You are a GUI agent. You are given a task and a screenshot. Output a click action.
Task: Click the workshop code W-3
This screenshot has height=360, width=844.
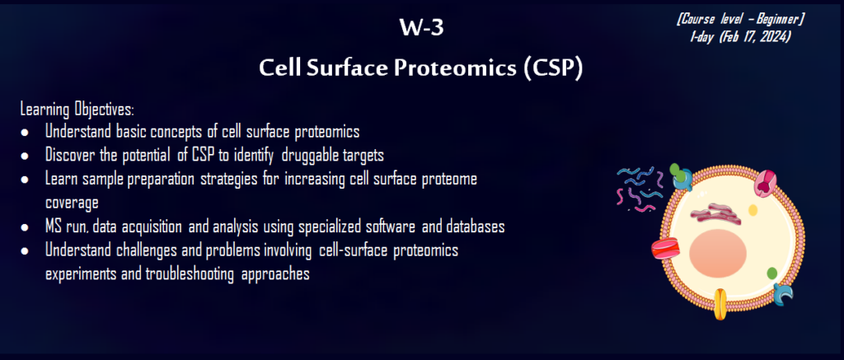(421, 28)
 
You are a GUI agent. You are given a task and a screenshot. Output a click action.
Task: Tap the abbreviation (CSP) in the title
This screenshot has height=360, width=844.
(553, 69)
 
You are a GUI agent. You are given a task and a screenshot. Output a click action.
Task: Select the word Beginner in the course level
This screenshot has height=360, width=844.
(778, 20)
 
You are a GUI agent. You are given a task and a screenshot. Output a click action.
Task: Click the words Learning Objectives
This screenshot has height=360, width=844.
(77, 110)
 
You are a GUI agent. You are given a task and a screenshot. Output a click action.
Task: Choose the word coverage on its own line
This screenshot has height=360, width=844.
(73, 204)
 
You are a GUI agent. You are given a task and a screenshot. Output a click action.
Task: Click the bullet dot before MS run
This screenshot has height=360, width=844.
(25, 227)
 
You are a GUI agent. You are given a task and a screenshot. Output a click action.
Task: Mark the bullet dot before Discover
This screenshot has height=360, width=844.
(25, 156)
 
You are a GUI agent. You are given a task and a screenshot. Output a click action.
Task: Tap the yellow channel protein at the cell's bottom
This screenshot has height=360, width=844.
(720, 303)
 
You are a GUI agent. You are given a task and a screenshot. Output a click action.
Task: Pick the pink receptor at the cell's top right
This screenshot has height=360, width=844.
(765, 182)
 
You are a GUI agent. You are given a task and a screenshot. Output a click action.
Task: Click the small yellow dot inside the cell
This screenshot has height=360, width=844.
(753, 210)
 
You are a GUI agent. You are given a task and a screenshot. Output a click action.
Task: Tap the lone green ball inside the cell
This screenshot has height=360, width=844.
(771, 273)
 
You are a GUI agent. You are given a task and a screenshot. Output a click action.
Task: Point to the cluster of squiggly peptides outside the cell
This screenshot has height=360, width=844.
(640, 189)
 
